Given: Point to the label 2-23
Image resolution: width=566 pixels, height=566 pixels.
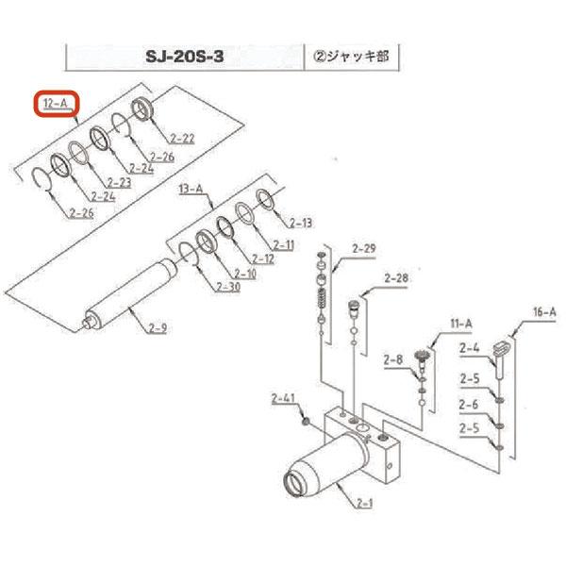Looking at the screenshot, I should (119, 182).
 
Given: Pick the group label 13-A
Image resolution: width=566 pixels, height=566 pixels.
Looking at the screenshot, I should (191, 189).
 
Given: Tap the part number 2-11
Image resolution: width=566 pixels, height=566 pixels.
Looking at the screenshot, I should (283, 244).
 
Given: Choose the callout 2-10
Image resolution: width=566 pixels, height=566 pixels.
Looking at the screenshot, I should (244, 273).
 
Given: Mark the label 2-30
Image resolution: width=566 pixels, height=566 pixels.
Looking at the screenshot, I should (227, 287).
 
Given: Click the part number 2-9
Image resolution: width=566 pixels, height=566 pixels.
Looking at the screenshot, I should (158, 328).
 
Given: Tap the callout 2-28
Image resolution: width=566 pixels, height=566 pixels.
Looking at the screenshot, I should (396, 278).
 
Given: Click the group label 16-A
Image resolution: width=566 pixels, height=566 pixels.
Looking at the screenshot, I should (544, 311).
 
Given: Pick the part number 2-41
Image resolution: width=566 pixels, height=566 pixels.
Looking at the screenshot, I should (283, 396).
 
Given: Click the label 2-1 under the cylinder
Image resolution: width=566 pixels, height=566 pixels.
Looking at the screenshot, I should (365, 503).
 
